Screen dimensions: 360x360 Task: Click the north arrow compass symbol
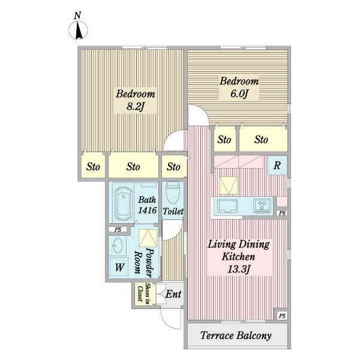[78, 30]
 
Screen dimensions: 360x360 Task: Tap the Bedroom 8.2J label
[136, 100]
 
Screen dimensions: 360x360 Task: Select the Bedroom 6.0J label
[239, 88]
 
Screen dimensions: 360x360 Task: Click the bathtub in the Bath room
[124, 203]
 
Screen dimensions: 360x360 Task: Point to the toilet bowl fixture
[172, 193]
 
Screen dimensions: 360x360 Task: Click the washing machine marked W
[119, 266]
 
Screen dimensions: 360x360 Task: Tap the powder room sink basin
[118, 245]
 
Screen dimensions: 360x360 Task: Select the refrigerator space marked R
[277, 165]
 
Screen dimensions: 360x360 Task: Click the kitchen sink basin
[227, 206]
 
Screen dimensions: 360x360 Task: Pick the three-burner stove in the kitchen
[262, 205]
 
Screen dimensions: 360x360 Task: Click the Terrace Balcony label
[236, 335]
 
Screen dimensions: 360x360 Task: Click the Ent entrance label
[173, 294]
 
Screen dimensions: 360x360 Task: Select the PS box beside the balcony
[282, 316]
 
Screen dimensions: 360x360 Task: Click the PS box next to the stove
[282, 213]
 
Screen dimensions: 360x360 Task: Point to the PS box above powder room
[118, 229]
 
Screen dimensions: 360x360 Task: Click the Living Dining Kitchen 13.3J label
[239, 257]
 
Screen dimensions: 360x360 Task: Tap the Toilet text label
[173, 211]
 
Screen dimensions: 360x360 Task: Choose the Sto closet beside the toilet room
[173, 167]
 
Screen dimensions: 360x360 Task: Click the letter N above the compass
[77, 16]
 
